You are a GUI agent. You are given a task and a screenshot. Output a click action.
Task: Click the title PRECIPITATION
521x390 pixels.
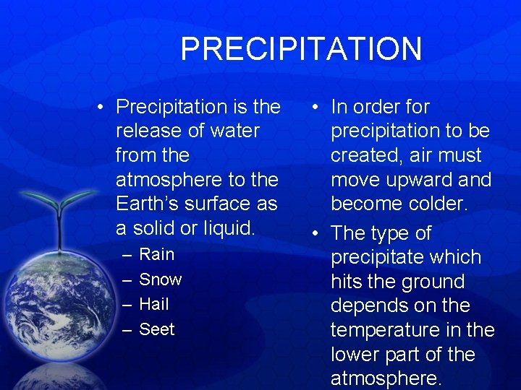[x=301, y=49]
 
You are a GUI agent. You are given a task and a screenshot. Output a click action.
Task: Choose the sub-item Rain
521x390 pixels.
[x=156, y=254]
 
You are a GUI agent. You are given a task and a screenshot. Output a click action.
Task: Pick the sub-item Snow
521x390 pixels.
[x=160, y=279]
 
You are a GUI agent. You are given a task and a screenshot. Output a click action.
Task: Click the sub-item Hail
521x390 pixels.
[x=153, y=304]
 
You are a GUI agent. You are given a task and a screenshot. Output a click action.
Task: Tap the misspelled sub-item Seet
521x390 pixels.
[x=156, y=329]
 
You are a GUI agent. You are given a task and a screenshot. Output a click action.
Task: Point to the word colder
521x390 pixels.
[x=435, y=204]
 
